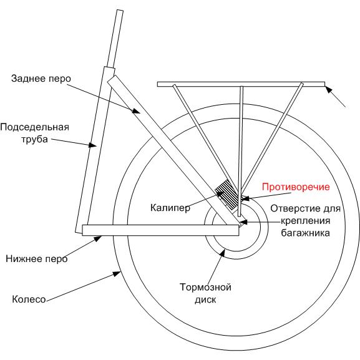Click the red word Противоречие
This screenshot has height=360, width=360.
coord(296,187)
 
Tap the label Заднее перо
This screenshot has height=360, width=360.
coord(41,79)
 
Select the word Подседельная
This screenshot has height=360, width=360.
coord(34,127)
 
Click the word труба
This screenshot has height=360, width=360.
coord(35,139)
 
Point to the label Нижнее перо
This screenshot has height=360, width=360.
coord(37,259)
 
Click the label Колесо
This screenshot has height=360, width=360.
coord(29,299)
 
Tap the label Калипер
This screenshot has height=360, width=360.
coord(170,208)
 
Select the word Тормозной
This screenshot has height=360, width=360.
coord(205,287)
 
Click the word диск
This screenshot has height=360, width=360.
coord(205,299)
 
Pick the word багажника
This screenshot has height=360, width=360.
coord(305,233)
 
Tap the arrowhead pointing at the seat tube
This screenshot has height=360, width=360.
coord(92,145)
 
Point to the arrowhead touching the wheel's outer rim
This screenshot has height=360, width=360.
coord(117,273)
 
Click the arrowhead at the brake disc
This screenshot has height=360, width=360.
coord(222,253)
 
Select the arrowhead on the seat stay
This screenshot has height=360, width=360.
coord(137,111)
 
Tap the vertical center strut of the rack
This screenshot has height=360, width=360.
coord(240,151)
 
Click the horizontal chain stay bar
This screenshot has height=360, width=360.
coord(160,230)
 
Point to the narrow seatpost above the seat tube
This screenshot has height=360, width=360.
coord(115,39)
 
